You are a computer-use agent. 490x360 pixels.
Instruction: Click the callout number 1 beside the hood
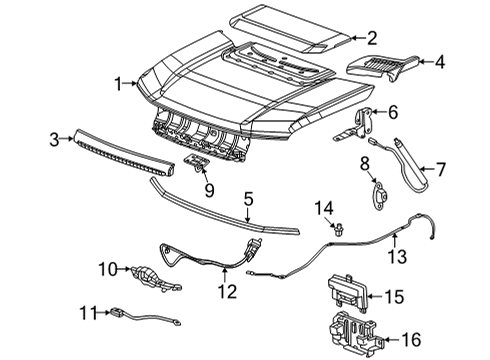click(x=118, y=83)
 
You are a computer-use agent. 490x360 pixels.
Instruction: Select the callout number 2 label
click(x=371, y=39)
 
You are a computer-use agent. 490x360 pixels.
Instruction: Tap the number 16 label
click(x=467, y=341)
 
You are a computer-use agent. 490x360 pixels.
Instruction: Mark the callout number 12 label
click(x=228, y=292)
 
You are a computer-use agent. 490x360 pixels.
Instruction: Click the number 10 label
click(x=107, y=268)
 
